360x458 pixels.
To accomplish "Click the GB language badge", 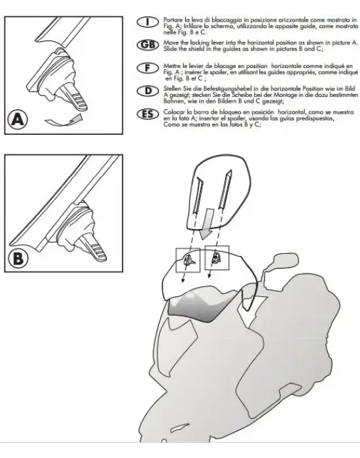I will point(150,44).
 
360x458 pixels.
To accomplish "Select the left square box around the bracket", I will point(187,260).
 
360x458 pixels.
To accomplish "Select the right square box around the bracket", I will point(216,259).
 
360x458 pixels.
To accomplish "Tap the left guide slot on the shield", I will point(201,196).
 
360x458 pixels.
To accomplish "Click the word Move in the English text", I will point(172,41).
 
